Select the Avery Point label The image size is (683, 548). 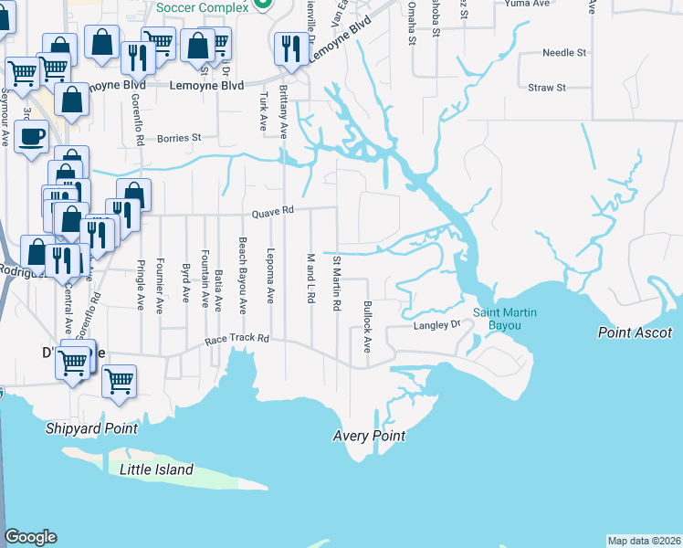[369, 436]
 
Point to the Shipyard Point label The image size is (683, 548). [92, 428]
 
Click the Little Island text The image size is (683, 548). [157, 469]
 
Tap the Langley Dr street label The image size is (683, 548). [437, 325]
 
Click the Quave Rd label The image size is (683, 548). [274, 210]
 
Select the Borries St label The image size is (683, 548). [179, 139]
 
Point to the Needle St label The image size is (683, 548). [563, 53]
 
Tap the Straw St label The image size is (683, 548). [547, 88]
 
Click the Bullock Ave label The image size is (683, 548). [368, 327]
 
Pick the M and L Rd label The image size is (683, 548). [310, 279]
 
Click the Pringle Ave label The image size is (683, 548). [141, 289]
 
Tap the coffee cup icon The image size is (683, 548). [31, 137]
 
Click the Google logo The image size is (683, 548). [30, 537]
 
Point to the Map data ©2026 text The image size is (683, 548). [644, 541]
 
